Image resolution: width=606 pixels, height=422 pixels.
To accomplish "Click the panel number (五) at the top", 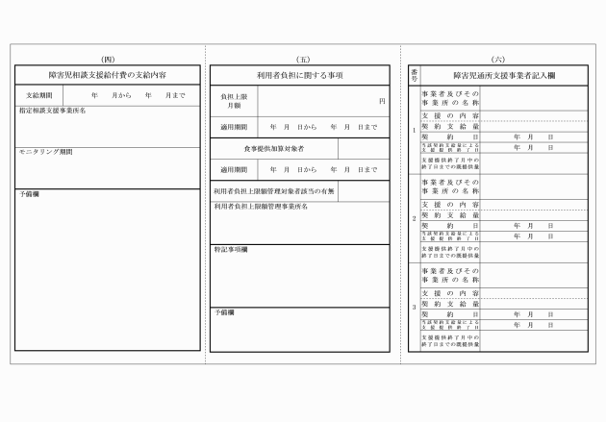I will click(x=304, y=59).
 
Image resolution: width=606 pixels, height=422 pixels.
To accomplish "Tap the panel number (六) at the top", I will click(x=498, y=59).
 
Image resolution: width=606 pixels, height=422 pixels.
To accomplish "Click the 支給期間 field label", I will click(x=39, y=95).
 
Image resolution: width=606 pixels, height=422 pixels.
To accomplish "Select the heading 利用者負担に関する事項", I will click(x=304, y=73).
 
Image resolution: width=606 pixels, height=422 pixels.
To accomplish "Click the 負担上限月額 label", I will click(x=235, y=102).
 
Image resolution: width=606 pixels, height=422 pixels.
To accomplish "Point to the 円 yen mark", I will click(x=382, y=101).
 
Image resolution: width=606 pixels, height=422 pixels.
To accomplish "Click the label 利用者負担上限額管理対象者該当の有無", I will click(x=274, y=191).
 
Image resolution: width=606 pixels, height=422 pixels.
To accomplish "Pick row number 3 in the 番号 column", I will click(x=414, y=307).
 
